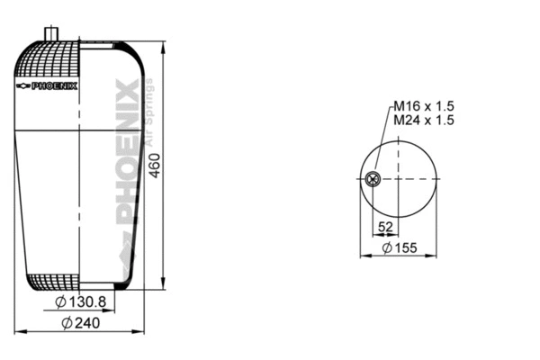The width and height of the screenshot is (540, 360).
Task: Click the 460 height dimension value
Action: (x=155, y=164)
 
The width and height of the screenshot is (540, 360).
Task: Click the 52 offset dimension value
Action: (x=385, y=227)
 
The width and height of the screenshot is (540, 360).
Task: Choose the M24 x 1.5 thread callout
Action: (x=422, y=120)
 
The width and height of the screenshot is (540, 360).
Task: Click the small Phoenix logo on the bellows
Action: (x=48, y=85)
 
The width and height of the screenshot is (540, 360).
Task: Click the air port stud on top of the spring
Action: (x=49, y=33)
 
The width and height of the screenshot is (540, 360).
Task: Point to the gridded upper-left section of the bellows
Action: (x=49, y=63)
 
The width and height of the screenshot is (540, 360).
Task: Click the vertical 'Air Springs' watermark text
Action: (x=150, y=117)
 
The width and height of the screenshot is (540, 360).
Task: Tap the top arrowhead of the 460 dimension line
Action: (x=163, y=44)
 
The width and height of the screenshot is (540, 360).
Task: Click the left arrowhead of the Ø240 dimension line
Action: (x=20, y=332)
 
